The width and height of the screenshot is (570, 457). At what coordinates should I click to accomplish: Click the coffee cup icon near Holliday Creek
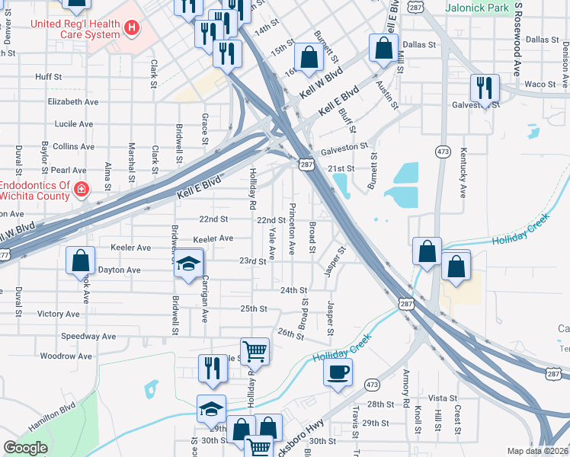pyautogui.click(x=338, y=372)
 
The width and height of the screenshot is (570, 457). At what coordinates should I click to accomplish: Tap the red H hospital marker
pyautogui.click(x=133, y=29)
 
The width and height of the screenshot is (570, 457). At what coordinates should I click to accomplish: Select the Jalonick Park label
pyautogui.click(x=478, y=8)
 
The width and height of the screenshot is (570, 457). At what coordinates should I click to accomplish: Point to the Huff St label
pyautogui.click(x=48, y=77)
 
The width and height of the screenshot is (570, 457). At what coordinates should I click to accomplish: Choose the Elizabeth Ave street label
pyautogui.click(x=73, y=101)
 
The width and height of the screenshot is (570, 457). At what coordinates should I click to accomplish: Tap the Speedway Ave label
pyautogui.click(x=88, y=336)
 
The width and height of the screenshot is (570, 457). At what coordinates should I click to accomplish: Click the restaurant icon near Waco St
pyautogui.click(x=484, y=87)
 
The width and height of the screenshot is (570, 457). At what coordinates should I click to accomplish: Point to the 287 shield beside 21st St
pyautogui.click(x=306, y=165)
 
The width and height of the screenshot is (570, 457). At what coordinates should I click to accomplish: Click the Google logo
pyautogui.click(x=26, y=448)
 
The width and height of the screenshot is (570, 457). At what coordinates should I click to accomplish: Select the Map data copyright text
pyautogui.click(x=537, y=451)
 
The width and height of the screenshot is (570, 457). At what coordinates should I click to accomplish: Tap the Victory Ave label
pyautogui.click(x=58, y=314)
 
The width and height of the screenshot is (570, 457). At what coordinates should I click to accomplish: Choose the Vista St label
pyautogui.click(x=442, y=398)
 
